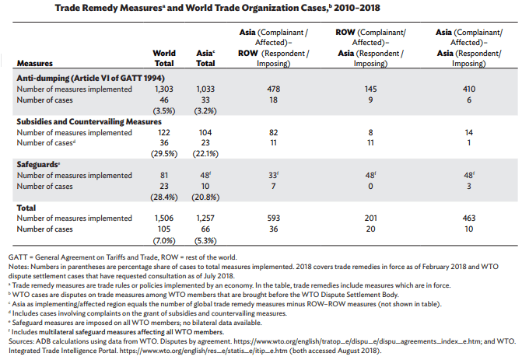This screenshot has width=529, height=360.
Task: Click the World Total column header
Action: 164,58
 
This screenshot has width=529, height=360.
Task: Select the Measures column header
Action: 35,64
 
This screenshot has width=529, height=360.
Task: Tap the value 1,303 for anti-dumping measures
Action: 164,89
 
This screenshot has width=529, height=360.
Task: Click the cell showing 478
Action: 273,89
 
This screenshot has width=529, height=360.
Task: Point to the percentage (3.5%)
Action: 164,111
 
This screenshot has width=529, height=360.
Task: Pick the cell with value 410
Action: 469,89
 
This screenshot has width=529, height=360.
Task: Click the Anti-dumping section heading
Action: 91,79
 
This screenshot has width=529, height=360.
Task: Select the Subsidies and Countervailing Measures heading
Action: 89,122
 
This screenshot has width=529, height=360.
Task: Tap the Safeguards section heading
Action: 38,165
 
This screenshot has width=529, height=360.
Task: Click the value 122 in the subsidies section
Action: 164,132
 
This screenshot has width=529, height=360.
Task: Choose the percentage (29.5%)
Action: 164,154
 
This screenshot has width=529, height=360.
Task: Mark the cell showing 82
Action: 273,132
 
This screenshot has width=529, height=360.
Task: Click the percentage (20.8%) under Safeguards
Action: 205,197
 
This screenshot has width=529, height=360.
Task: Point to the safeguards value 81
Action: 164,175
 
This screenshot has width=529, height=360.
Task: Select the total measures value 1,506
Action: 164,218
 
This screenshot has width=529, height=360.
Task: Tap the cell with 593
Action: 273,218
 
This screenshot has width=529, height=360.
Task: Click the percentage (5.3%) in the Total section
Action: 205,241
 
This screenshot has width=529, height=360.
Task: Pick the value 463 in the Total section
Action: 469,218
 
